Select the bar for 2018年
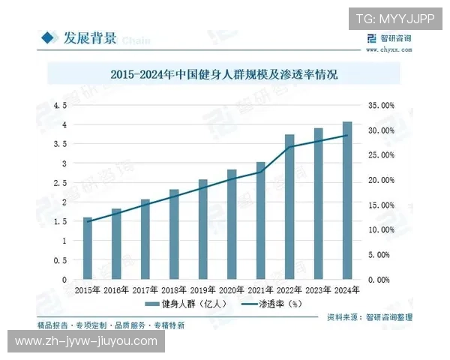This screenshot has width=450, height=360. click(x=174, y=234)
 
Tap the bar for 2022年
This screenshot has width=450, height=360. click(x=289, y=206)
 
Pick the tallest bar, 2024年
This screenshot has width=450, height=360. click(x=347, y=200)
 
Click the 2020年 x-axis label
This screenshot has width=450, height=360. click(x=231, y=289)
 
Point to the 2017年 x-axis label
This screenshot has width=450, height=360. click(x=145, y=289)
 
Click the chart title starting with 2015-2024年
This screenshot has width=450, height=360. click(x=224, y=75)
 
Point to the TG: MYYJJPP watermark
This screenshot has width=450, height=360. click(x=394, y=19)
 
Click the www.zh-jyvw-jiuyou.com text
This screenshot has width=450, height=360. click(x=87, y=341)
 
